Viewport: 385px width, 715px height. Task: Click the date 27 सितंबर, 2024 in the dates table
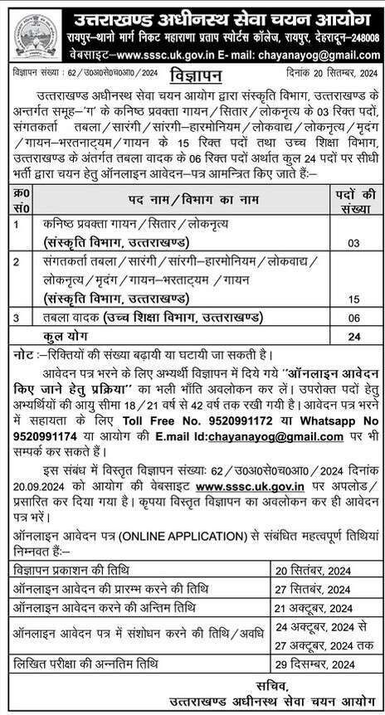[314, 590]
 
